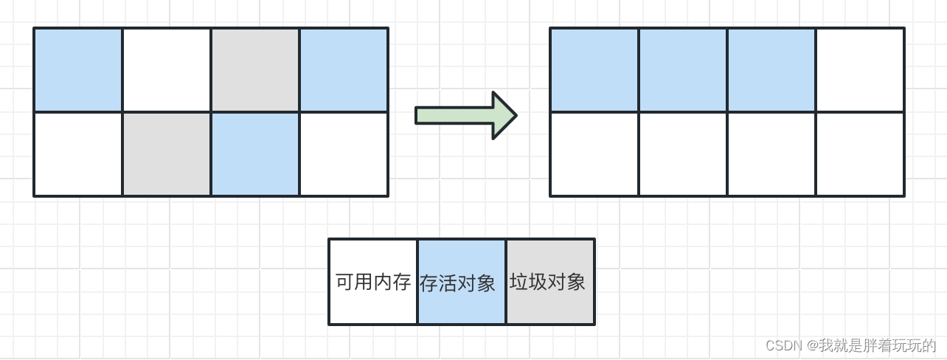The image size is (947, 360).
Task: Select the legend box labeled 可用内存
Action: click(373, 282)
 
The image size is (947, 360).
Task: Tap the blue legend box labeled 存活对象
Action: click(462, 282)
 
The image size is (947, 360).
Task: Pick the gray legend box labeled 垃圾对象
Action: click(550, 282)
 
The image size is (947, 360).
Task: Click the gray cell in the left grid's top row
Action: click(255, 70)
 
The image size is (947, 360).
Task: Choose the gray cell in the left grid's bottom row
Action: click(167, 154)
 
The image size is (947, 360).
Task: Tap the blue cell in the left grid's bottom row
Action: click(255, 154)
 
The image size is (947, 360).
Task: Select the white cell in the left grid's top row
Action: click(167, 70)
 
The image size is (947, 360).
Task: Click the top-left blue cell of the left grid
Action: click(78, 70)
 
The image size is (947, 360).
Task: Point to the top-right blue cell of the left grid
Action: click(344, 70)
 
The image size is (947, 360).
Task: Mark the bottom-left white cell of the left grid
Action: click(78, 154)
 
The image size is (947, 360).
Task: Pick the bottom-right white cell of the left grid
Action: click(344, 154)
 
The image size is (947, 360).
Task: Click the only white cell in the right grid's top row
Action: click(860, 70)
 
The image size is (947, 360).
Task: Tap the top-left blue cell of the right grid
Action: click(594, 70)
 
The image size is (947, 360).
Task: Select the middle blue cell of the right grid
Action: click(683, 70)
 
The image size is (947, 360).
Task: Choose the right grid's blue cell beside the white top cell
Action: click(771, 70)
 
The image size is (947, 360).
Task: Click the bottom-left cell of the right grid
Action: click(594, 154)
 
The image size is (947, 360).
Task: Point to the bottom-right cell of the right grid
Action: click(860, 154)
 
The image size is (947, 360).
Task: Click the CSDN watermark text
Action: click(850, 345)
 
